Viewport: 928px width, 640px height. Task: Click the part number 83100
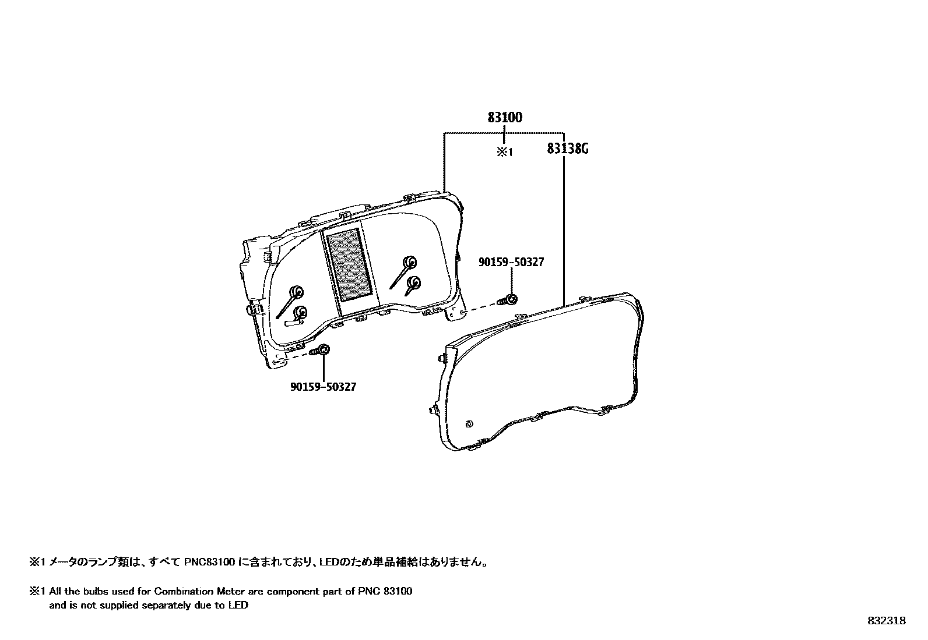[x=505, y=118]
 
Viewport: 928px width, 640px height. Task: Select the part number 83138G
[x=567, y=149]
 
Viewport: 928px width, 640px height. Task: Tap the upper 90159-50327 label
[x=511, y=263]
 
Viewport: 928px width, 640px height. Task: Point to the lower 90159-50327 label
[x=323, y=387]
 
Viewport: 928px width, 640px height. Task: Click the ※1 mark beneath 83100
[x=504, y=152]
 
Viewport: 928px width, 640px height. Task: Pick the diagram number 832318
[x=886, y=621]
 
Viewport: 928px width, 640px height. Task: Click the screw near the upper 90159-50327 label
[x=509, y=300]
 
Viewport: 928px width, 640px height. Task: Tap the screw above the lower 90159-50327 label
[x=321, y=351]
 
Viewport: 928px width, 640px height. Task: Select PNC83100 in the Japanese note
[x=210, y=563]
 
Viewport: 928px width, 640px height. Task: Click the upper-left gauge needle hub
[x=297, y=291]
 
